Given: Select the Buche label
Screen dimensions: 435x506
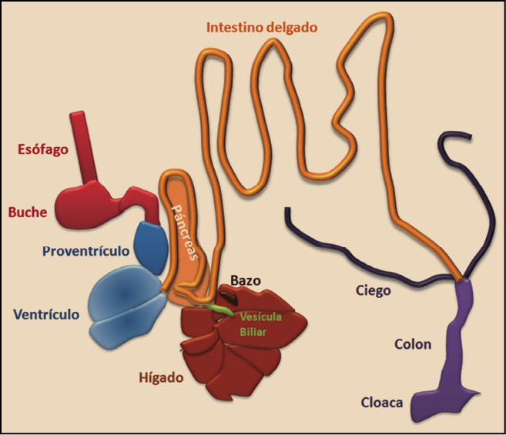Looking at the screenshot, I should click(27, 212).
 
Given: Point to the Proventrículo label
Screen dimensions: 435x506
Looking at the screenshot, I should click(86, 252).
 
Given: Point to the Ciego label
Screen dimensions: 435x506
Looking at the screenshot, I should click(374, 291).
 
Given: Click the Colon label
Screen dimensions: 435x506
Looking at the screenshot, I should click(412, 344).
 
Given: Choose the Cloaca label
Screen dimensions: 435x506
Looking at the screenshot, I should click(382, 402).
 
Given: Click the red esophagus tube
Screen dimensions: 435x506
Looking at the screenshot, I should click(81, 146).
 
